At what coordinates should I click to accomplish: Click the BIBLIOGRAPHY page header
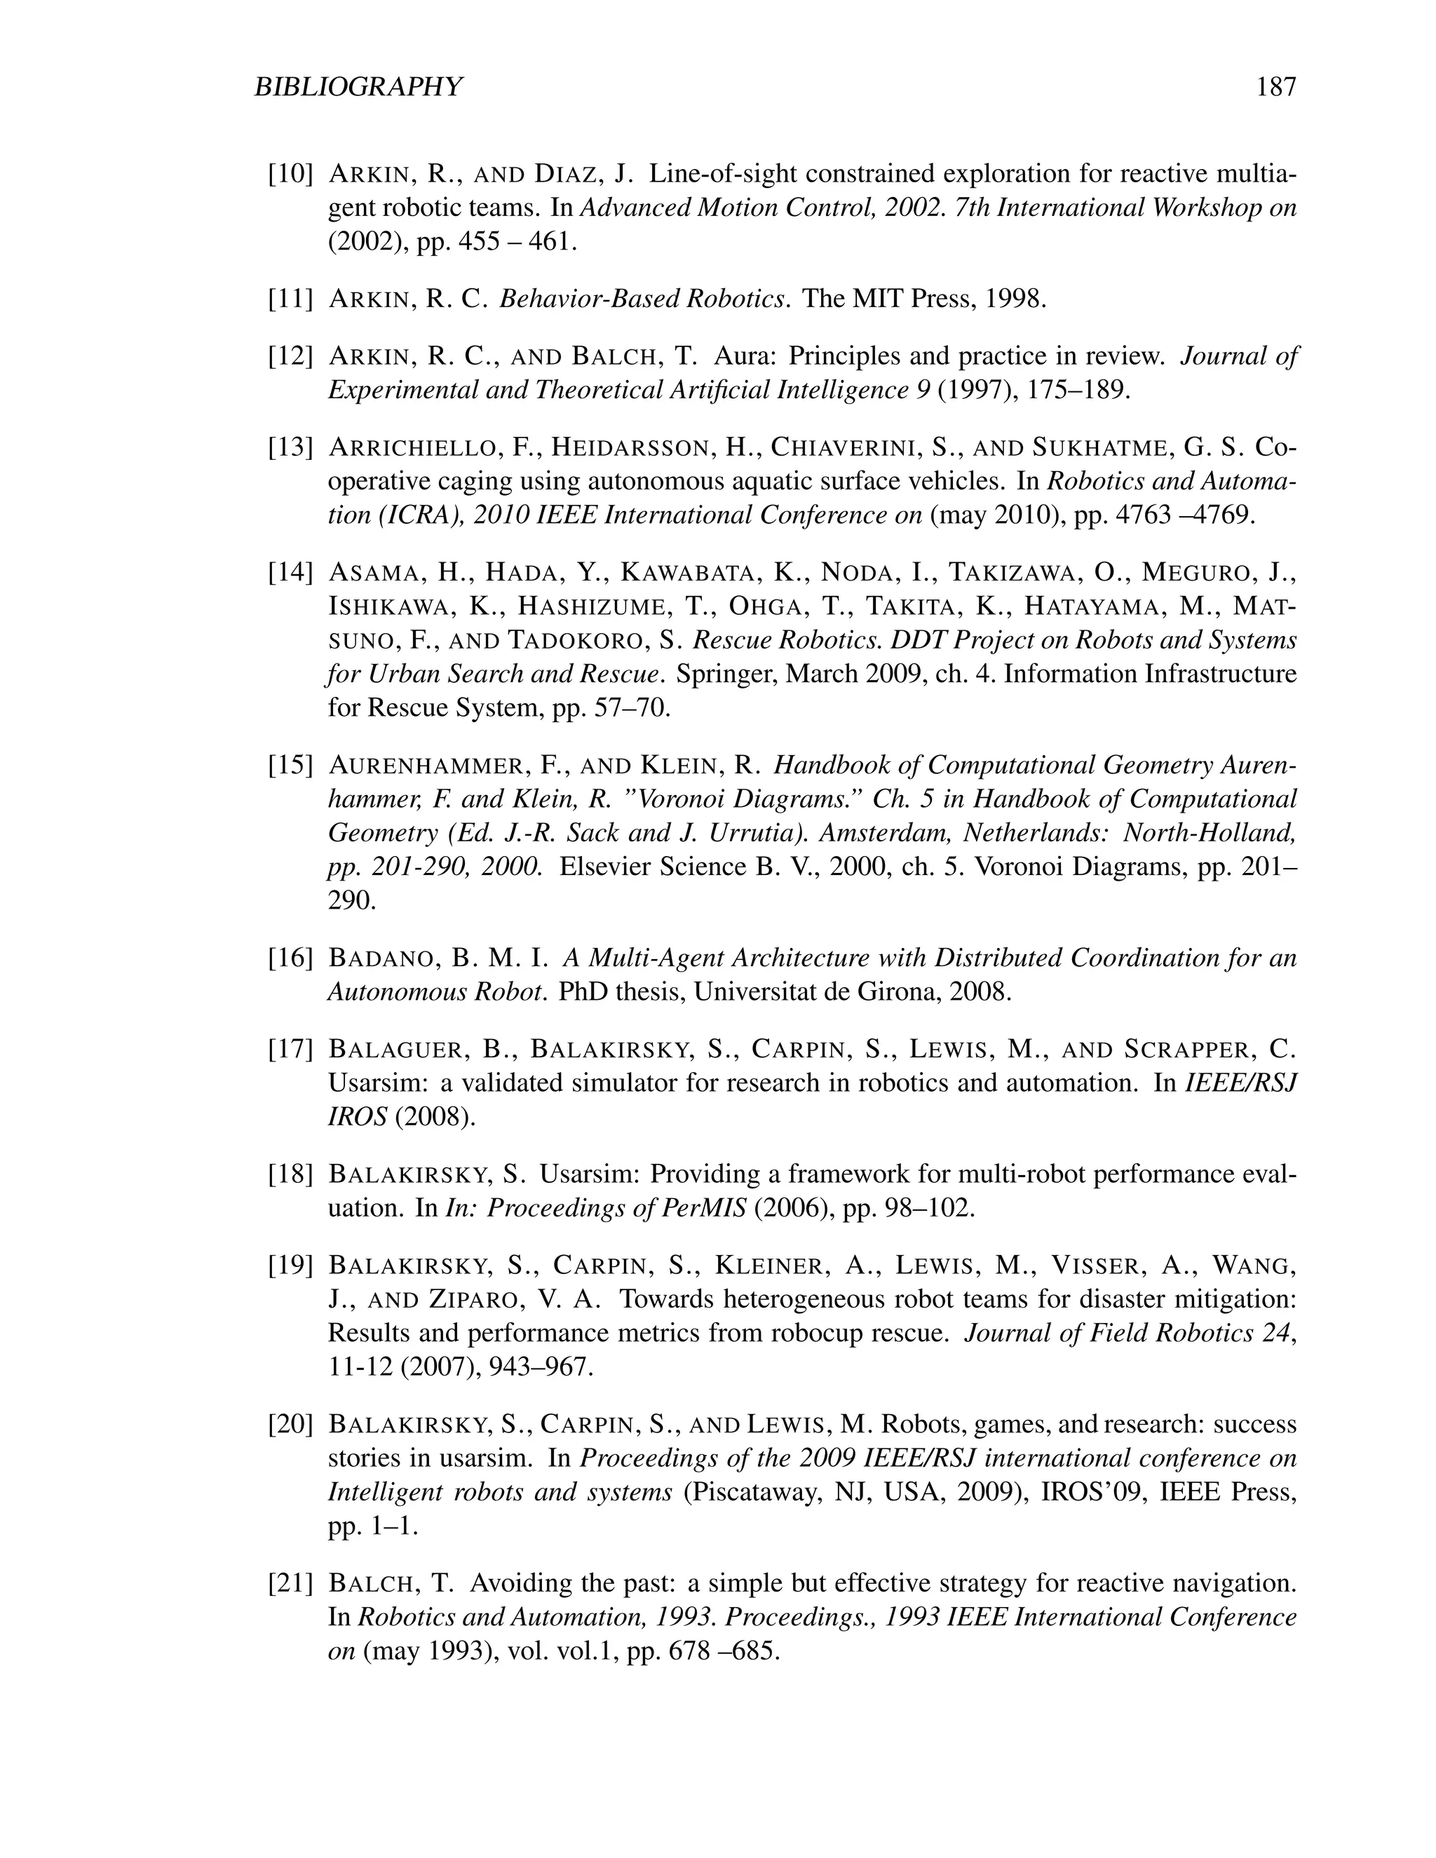coord(358,87)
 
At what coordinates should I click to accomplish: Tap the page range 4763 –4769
coord(1182,515)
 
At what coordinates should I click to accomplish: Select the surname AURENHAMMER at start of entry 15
coord(426,766)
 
